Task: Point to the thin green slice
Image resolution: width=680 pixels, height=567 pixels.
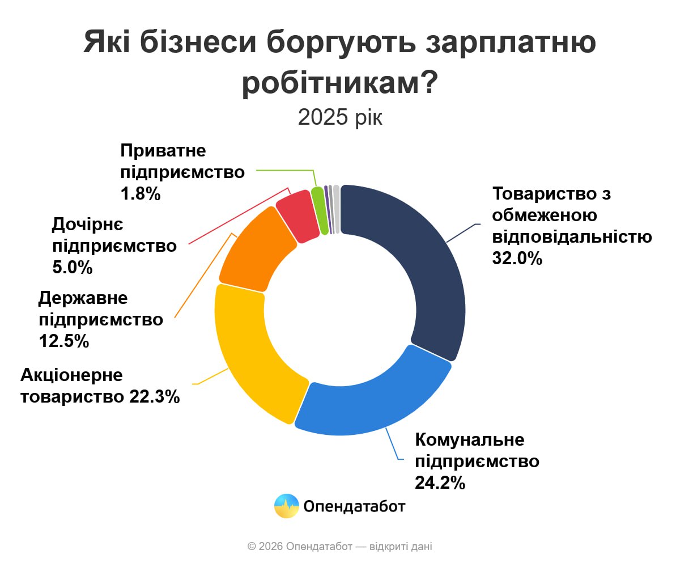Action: pyautogui.click(x=321, y=210)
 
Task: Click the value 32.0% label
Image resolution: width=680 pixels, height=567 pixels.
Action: pyautogui.click(x=518, y=258)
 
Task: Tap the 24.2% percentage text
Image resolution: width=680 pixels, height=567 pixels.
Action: pyautogui.click(x=440, y=483)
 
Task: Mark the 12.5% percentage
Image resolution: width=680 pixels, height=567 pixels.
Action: pyautogui.click(x=64, y=341)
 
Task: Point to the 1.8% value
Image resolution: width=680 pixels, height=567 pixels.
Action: pyautogui.click(x=141, y=194)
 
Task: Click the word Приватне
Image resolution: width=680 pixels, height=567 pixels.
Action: pyautogui.click(x=163, y=151)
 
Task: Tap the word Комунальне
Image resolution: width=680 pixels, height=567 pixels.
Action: pyautogui.click(x=470, y=439)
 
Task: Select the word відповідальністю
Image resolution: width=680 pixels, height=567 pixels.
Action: pyautogui.click(x=572, y=236)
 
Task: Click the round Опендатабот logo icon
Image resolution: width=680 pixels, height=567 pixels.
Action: pyautogui.click(x=287, y=506)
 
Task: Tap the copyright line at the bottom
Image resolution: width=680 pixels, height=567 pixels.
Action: pyautogui.click(x=340, y=547)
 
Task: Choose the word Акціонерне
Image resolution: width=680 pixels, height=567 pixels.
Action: pyautogui.click(x=71, y=375)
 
